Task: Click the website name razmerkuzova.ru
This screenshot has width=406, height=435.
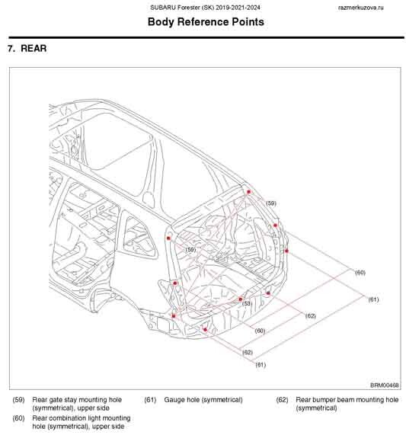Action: tap(361, 8)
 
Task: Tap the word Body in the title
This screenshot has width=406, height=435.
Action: tap(161, 22)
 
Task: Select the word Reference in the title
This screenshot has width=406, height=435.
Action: tap(203, 22)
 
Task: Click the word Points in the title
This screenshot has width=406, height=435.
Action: tap(248, 22)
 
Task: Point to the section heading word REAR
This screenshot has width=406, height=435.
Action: tap(34, 48)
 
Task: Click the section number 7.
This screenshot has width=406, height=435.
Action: tap(11, 48)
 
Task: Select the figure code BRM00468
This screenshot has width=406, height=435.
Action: tap(385, 385)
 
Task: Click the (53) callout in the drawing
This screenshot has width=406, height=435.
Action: tap(247, 303)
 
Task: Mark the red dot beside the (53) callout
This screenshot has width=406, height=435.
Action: tap(241, 299)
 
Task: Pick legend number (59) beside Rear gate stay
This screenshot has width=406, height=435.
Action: tap(18, 400)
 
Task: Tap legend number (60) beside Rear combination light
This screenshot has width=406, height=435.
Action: tap(18, 418)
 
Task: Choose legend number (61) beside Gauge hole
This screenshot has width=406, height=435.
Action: tap(150, 400)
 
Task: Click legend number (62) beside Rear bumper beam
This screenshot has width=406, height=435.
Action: tap(282, 400)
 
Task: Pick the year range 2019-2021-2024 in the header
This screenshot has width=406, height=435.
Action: tap(238, 8)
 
